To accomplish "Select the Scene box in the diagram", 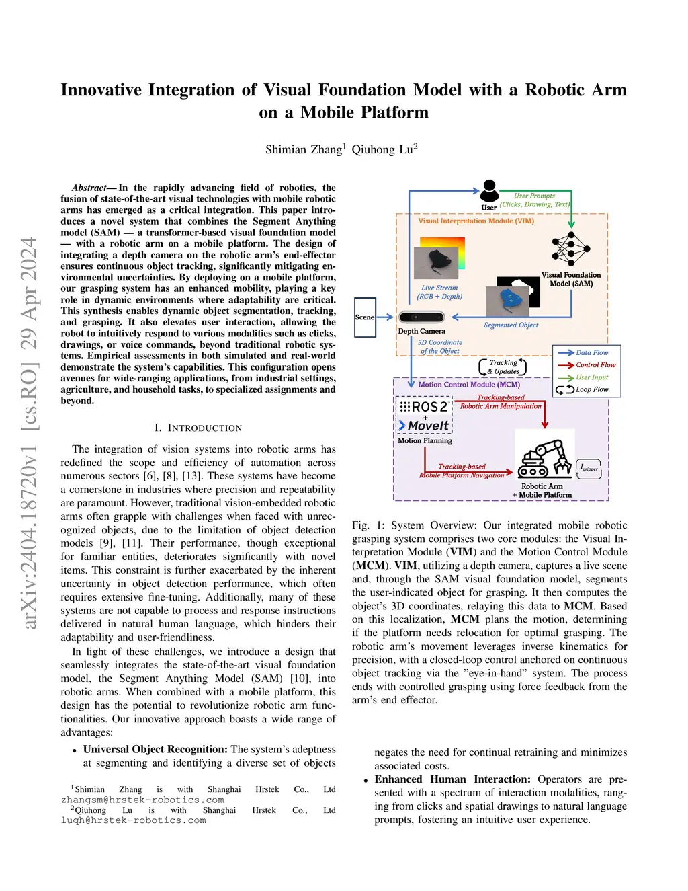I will coord(365,317).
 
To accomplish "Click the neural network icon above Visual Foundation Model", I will coord(570,249).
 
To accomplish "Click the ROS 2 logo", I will coord(424,407).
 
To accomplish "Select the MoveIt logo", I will coord(424,426).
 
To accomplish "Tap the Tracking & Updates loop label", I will coord(503,366).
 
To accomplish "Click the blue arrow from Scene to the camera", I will coord(386,317).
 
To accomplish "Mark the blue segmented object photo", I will coord(517,301).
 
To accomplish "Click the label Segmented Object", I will coord(511,325).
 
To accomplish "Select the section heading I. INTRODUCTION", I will coord(198,428).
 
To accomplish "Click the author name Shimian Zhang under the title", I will coord(304,149).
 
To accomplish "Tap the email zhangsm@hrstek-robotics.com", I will coord(142,800).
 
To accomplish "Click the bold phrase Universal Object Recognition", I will coord(155,749).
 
